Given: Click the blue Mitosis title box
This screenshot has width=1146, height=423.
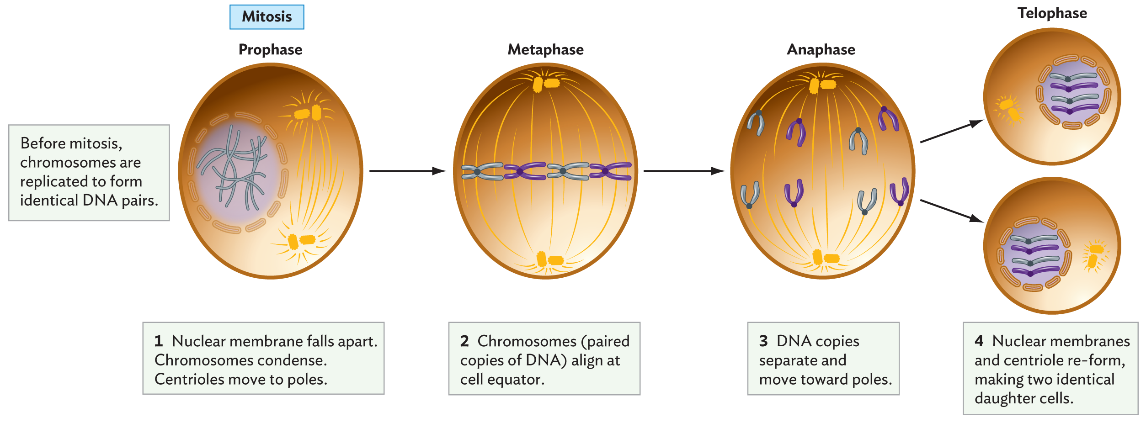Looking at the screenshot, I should (x=267, y=17).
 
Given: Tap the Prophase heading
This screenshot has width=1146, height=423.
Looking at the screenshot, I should (x=270, y=49).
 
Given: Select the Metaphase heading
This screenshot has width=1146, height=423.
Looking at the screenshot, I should (x=545, y=49).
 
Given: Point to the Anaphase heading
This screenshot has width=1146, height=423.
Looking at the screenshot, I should (x=821, y=49).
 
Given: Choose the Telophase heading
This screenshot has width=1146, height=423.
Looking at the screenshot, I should (x=1052, y=13).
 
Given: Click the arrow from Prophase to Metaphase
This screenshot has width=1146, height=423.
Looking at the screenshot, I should (x=407, y=171).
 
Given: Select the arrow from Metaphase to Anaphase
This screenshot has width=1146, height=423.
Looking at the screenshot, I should (x=683, y=171).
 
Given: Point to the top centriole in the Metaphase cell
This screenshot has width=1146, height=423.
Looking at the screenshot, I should (x=546, y=84).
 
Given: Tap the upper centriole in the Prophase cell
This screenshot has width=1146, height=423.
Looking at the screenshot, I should (x=308, y=113).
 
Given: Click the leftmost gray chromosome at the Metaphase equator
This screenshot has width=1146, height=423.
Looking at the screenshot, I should (x=481, y=172).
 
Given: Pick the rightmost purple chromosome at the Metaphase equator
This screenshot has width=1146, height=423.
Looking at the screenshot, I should (x=610, y=171).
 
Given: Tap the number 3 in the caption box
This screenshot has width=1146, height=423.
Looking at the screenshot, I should (x=763, y=341).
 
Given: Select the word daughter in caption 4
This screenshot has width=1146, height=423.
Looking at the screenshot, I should (x=1005, y=398).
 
